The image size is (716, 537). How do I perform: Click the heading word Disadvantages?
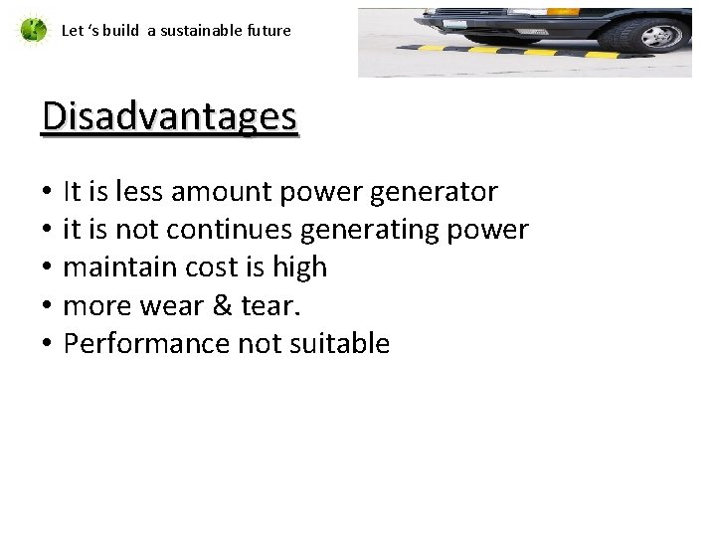pos(169,117)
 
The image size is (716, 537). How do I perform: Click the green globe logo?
pos(33,30)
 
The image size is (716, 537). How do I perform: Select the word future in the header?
pos(268,30)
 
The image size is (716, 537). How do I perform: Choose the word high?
pos(298,268)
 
